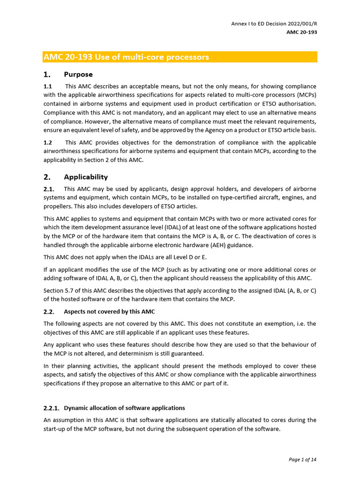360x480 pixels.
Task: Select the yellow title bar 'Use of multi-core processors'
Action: pyautogui.click(x=180, y=57)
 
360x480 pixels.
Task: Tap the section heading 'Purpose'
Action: pyautogui.click(x=78, y=75)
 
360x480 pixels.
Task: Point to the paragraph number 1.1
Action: pyautogui.click(x=48, y=86)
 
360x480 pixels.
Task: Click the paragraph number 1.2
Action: pyautogui.click(x=48, y=142)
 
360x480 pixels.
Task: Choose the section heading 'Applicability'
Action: pyautogui.click(x=86, y=177)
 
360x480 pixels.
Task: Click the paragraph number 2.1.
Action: pyautogui.click(x=49, y=189)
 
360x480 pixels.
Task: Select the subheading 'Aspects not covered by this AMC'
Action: pyautogui.click(x=109, y=312)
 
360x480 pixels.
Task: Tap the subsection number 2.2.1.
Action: pyautogui.click(x=51, y=408)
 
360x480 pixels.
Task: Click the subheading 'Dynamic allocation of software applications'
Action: pyautogui.click(x=124, y=408)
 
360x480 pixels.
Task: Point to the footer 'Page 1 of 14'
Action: pyautogui.click(x=302, y=459)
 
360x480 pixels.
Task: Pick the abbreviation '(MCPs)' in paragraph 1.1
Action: pyautogui.click(x=305, y=95)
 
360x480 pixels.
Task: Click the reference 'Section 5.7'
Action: pyautogui.click(x=59, y=291)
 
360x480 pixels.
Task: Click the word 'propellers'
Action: pyautogui.click(x=59, y=207)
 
